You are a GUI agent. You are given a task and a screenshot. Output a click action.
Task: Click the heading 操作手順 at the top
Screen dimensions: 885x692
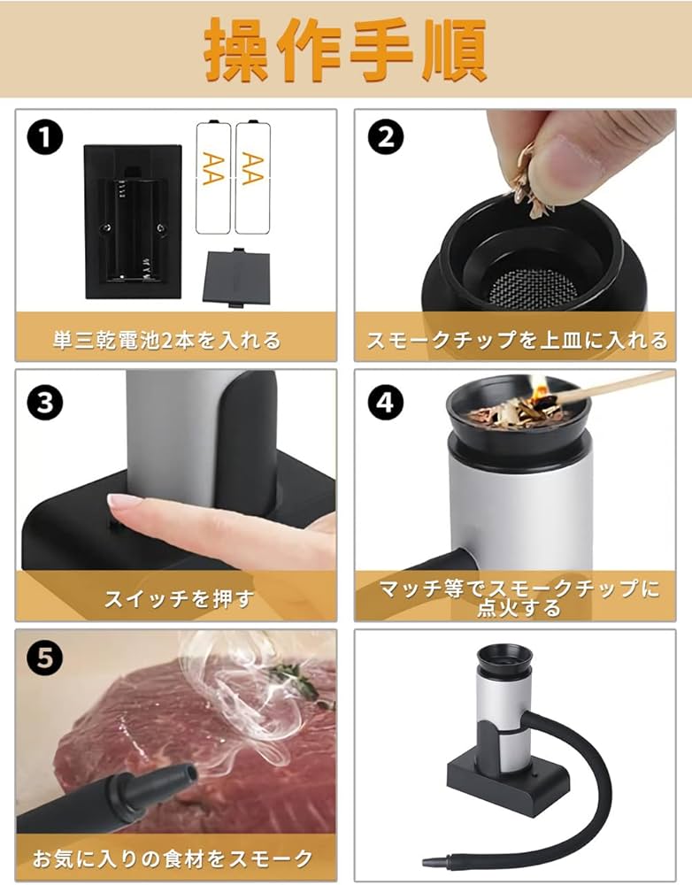click(345, 50)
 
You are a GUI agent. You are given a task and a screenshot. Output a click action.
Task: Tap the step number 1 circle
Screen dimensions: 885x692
click(45, 139)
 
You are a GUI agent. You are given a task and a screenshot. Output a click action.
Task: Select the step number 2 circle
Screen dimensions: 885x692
click(387, 138)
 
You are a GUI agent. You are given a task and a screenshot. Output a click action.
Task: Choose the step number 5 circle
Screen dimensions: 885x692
click(45, 658)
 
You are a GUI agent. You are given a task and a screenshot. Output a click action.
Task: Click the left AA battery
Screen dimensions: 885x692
click(213, 176)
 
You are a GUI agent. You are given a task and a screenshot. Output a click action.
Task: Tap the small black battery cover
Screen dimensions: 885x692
click(235, 276)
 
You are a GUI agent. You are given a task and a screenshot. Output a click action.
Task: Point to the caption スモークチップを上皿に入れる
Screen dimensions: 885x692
click(516, 338)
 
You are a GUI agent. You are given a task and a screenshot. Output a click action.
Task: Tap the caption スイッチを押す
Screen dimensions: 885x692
click(179, 598)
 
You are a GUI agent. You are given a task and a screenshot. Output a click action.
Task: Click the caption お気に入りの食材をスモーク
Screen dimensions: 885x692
click(173, 857)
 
